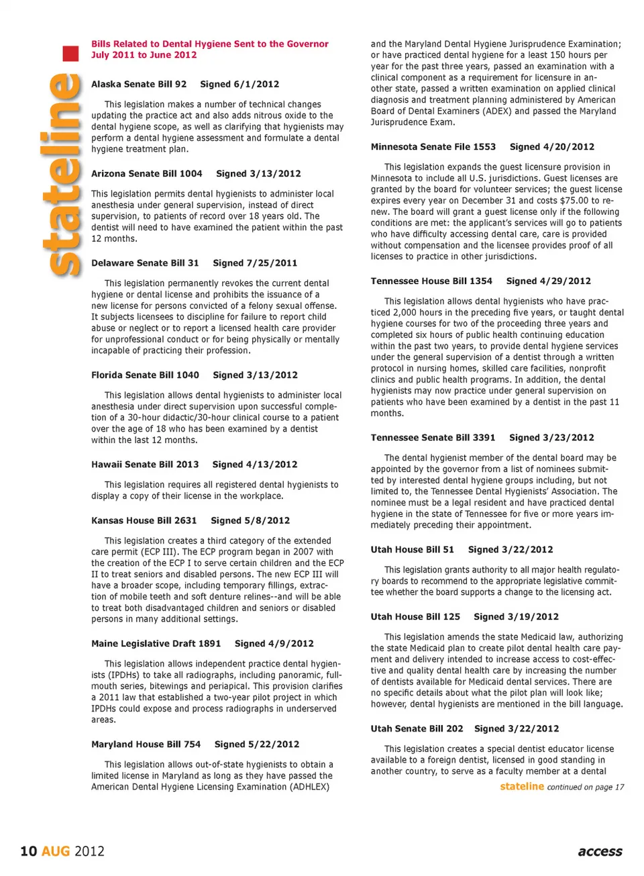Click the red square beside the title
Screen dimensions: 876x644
click(x=70, y=54)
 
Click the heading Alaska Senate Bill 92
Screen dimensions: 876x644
click(x=139, y=84)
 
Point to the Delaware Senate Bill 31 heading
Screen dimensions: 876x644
click(x=145, y=263)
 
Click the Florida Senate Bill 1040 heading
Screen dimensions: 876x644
click(x=145, y=375)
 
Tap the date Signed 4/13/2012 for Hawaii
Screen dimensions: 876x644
click(x=254, y=465)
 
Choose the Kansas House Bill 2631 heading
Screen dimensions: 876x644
click(x=144, y=520)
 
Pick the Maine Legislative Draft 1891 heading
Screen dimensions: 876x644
click(x=156, y=643)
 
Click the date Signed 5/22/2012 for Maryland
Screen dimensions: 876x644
click(x=256, y=744)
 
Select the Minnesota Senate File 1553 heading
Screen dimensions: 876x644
click(x=433, y=146)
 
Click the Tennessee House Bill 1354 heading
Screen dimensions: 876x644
click(x=431, y=281)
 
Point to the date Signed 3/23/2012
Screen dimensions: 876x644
click(x=551, y=438)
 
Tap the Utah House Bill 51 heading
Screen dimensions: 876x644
click(x=413, y=549)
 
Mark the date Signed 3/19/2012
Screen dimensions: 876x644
click(x=516, y=616)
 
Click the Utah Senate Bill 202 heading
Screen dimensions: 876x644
click(x=417, y=728)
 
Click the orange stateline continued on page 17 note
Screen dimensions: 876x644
click(x=562, y=787)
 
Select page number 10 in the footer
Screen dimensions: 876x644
click(x=28, y=851)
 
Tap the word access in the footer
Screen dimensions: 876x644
click(x=600, y=851)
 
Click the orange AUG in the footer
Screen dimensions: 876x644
click(x=56, y=851)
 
